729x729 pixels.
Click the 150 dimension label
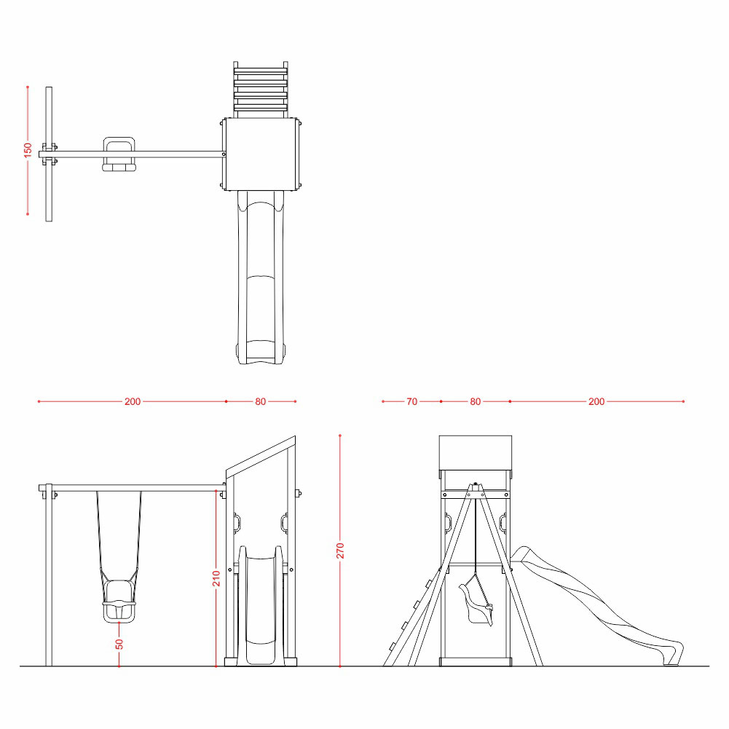point(28,150)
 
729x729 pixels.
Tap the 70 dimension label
point(412,402)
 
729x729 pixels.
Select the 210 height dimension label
point(216,578)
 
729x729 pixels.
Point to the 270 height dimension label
point(340,551)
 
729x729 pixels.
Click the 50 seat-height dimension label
point(119,644)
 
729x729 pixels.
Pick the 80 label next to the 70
point(475,402)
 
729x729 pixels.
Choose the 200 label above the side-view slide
point(596,402)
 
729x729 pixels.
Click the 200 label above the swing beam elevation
point(133,402)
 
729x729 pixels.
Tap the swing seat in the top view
point(119,154)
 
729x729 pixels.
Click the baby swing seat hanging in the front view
point(120,600)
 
